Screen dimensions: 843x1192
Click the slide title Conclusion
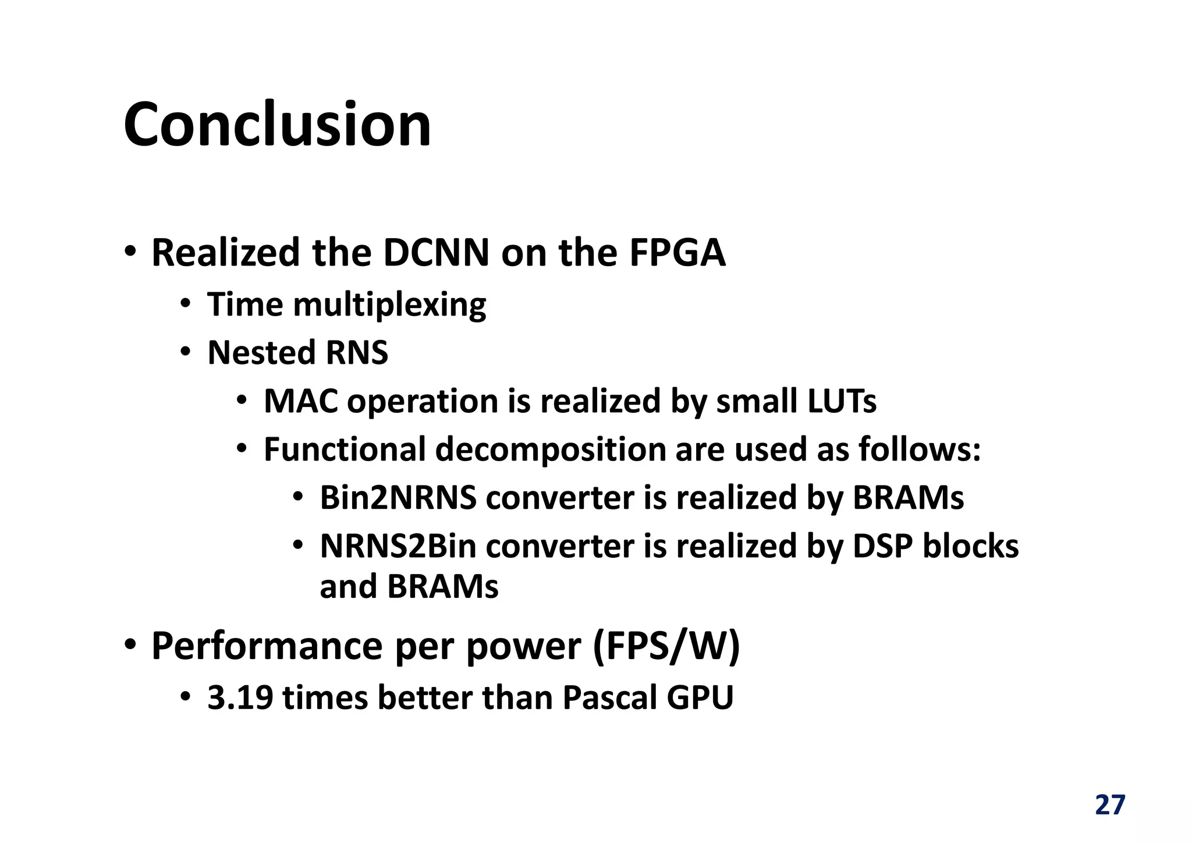(277, 125)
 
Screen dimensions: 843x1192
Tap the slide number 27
(1110, 805)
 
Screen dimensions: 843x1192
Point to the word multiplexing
(389, 305)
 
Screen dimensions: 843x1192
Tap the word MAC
(300, 402)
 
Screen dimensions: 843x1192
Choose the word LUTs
(841, 402)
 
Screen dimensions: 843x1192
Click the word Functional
(345, 450)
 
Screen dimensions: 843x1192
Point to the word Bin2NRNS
(398, 498)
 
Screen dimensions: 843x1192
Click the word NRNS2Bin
(398, 547)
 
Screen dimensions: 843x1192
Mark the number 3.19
(240, 697)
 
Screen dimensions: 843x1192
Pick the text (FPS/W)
(666, 647)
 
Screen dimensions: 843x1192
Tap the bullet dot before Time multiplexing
(185, 304)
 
